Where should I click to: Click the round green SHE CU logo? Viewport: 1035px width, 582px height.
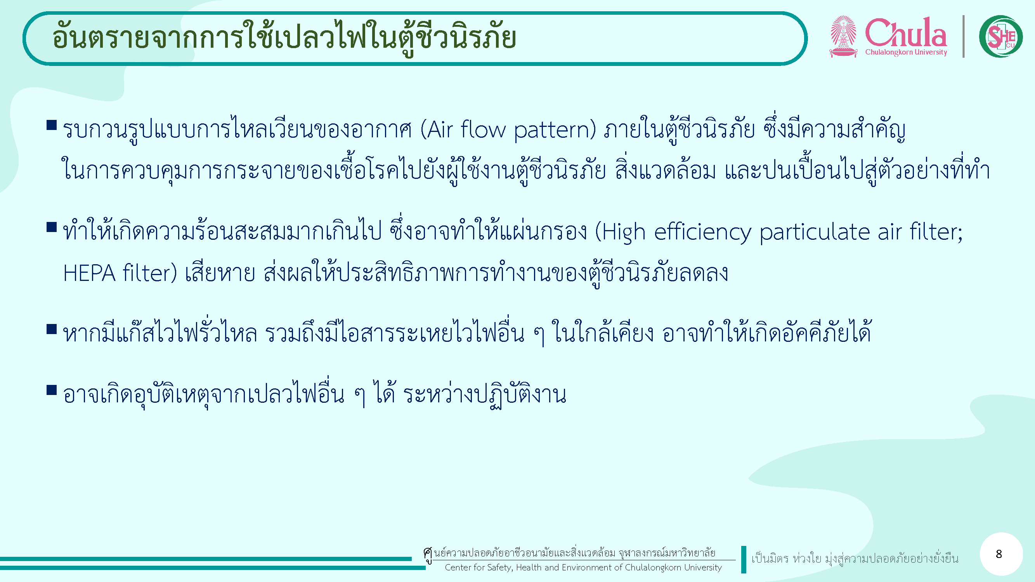[x=1000, y=36]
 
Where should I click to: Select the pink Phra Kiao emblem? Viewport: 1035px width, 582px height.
[x=843, y=36]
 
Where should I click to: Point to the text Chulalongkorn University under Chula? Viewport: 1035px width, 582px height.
[x=906, y=52]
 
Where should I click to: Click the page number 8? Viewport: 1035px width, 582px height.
[x=999, y=554]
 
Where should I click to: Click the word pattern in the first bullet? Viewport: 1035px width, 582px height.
[x=555, y=130]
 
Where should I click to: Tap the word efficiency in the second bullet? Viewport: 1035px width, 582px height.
[x=702, y=232]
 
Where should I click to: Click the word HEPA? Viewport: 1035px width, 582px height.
[x=90, y=273]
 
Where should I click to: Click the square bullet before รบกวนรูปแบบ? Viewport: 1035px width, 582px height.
[x=52, y=125]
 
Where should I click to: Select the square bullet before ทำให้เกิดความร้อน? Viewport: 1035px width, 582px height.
[x=52, y=227]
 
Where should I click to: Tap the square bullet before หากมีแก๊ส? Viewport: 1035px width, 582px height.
[x=52, y=329]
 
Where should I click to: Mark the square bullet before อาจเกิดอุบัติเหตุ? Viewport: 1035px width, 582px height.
[x=52, y=390]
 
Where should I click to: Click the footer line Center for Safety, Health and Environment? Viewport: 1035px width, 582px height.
[x=583, y=568]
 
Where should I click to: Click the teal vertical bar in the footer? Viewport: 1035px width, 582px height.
[x=744, y=559]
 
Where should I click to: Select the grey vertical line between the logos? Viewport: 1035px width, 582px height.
[x=964, y=36]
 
